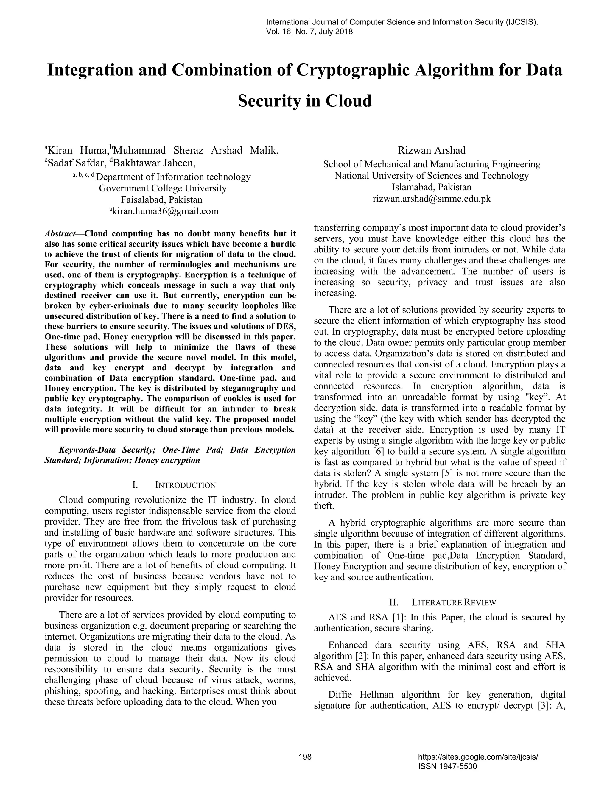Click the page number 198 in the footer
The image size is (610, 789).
pos(305,757)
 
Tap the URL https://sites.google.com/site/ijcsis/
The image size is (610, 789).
pos(478,757)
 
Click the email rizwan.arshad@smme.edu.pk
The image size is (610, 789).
pos(432,199)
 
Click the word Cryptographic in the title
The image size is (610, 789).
pos(352,70)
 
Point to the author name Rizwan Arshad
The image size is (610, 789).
pos(432,150)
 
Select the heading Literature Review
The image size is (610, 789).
pos(454,602)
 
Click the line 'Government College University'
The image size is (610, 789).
pos(163,188)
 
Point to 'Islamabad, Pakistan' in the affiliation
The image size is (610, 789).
pos(432,187)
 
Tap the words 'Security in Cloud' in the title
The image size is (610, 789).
pos(305,101)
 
